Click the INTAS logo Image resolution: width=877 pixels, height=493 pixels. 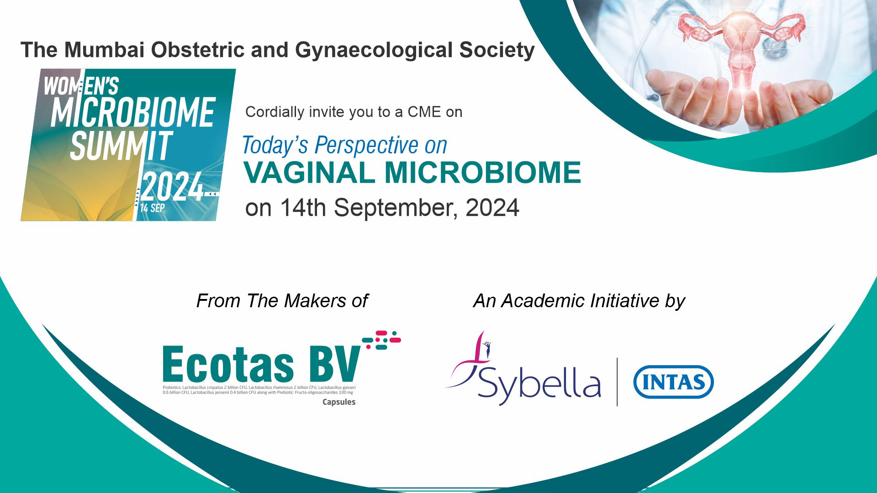pos(673,382)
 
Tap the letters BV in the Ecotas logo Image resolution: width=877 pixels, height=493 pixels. pos(335,364)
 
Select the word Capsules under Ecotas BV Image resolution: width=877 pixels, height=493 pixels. pos(339,402)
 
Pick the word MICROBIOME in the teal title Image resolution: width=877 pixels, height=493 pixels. pos(483,173)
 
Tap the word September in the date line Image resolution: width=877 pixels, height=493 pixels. pos(396,208)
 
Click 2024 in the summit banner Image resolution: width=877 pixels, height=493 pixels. pos(172,187)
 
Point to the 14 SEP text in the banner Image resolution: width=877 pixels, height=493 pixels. pos(152,208)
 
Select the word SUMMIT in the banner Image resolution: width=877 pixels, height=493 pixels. pos(122,146)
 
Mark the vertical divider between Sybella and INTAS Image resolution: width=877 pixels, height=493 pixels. pos(617,382)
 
